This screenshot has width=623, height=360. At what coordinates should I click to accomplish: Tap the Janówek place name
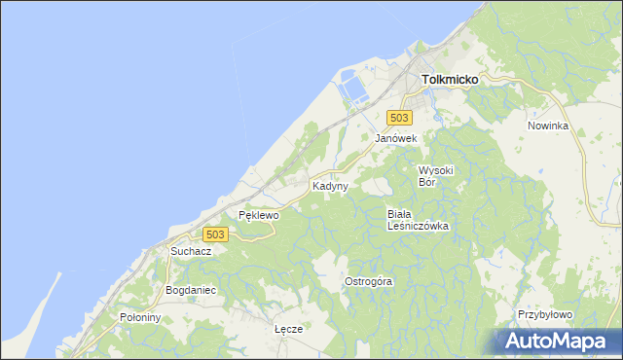(396, 139)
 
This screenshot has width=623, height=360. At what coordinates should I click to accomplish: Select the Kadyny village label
(330, 185)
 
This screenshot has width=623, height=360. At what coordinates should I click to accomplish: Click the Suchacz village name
(191, 251)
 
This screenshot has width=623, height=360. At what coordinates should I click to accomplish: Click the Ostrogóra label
(369, 281)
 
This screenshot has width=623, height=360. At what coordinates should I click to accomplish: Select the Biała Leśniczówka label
(418, 220)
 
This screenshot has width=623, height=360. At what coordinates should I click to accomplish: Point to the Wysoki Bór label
(436, 176)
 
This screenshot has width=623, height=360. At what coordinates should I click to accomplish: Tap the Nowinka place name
(547, 126)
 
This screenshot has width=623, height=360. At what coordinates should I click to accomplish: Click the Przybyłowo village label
(545, 315)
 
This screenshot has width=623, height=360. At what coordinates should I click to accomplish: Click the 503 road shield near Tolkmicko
(397, 117)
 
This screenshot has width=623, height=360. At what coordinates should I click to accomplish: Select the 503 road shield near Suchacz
(216, 234)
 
